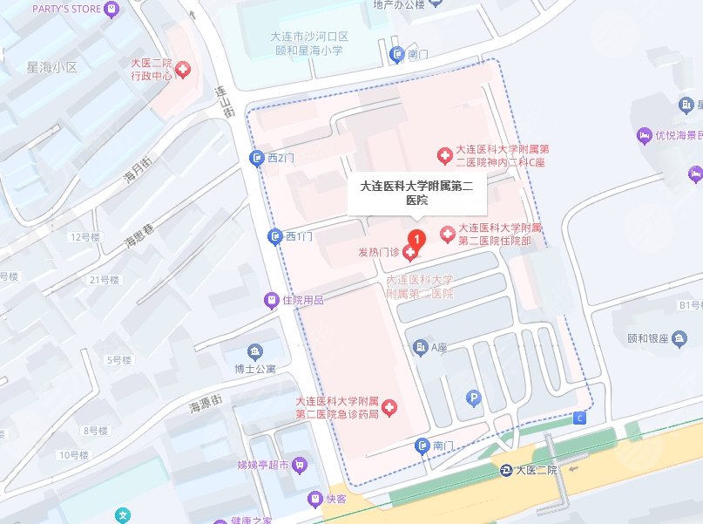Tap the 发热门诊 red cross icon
click(x=409, y=252)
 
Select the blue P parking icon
click(x=474, y=398)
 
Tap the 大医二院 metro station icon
click(x=506, y=471)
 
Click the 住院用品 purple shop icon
click(x=272, y=300)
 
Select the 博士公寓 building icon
click(x=254, y=352)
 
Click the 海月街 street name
click(x=133, y=174)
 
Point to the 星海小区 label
click(x=53, y=67)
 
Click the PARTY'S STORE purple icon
click(x=111, y=10)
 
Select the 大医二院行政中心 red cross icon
click(x=184, y=70)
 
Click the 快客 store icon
click(x=315, y=500)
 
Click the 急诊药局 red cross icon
click(x=389, y=406)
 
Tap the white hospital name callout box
click(x=417, y=192)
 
